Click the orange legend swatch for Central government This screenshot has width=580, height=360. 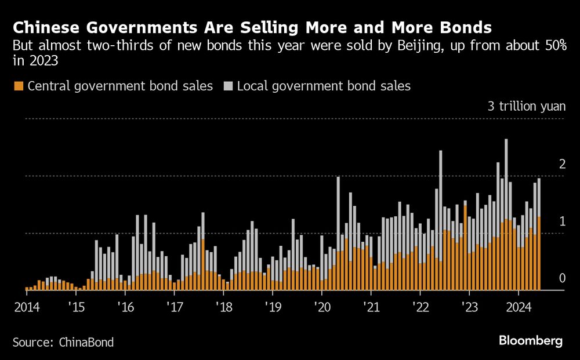pos(18,86)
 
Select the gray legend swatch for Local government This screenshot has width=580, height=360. pos(228,86)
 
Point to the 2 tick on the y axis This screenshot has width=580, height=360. pos(561,165)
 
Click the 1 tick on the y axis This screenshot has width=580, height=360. pos(561,222)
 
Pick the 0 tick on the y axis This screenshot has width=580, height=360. pos(561,279)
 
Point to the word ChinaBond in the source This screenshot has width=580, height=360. pos(86,342)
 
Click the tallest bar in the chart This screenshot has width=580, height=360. pos(506,214)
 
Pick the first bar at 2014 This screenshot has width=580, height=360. pos(27,288)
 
